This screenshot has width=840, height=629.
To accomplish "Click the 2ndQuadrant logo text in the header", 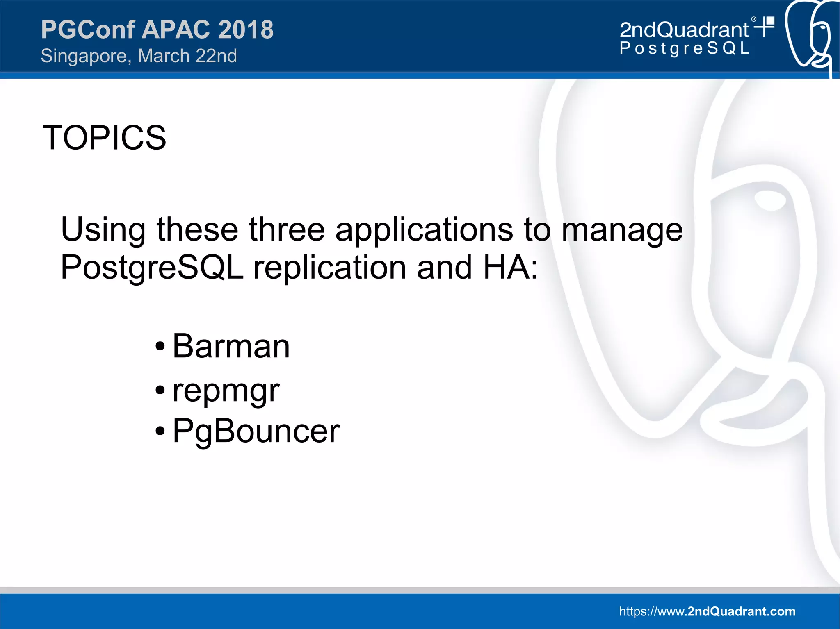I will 684,30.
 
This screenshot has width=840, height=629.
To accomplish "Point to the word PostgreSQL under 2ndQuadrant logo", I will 684,48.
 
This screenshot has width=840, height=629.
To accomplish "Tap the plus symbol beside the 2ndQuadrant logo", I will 765,27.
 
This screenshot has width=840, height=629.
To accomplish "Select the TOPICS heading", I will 104,138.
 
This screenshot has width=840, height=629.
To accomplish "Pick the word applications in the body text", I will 424,229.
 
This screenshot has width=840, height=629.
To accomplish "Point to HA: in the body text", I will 510,268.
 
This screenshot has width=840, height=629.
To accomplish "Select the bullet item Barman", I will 231,346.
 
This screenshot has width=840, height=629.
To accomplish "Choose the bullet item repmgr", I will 226,391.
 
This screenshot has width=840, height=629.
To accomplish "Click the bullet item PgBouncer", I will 256,431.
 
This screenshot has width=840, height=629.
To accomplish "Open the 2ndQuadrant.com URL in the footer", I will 707,611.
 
